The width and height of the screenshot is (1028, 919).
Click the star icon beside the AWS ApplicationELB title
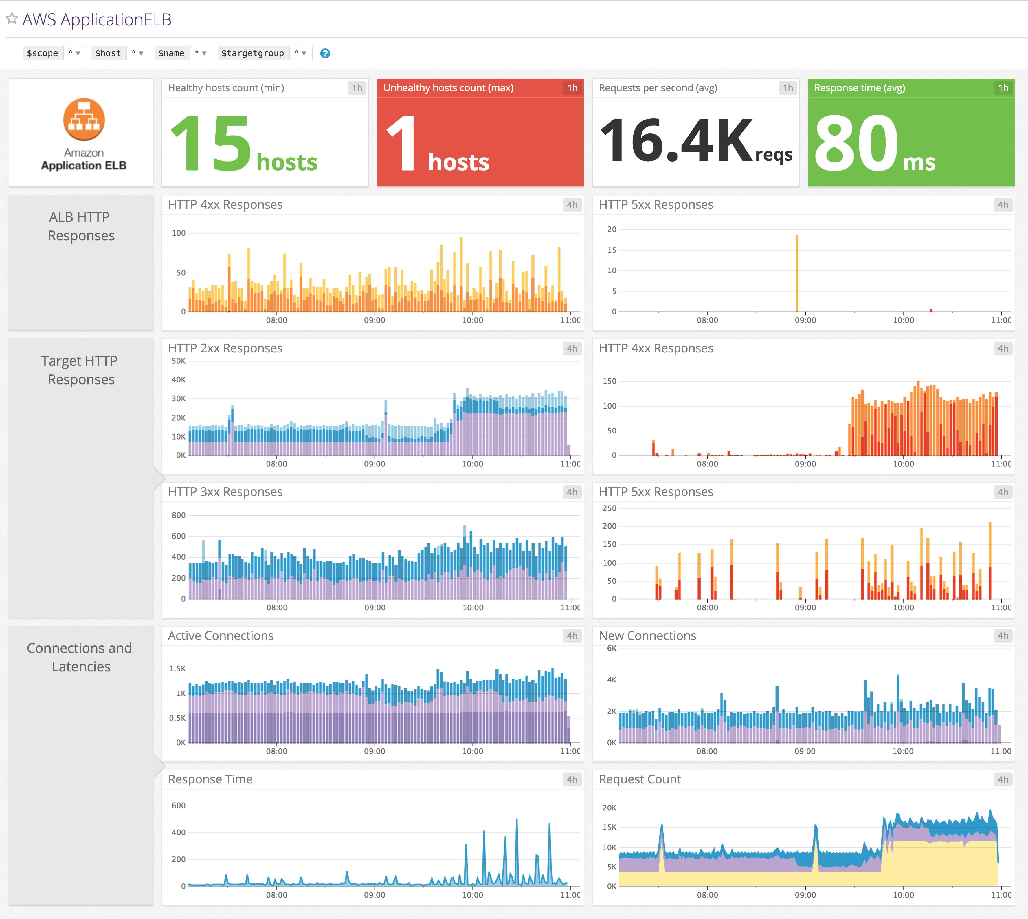[x=12, y=19]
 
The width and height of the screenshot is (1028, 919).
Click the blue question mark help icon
[x=325, y=53]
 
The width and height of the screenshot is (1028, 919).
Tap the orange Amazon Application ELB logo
[x=84, y=119]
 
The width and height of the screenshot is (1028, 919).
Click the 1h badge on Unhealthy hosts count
[x=572, y=88]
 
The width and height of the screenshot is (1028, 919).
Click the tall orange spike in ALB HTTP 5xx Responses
[x=797, y=273]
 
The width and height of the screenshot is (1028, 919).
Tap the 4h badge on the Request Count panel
[x=1002, y=780]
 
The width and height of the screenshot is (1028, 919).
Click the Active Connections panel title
[x=221, y=636]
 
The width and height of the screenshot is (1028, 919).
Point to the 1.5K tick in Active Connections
[x=178, y=669]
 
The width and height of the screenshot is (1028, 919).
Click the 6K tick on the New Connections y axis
[x=611, y=648]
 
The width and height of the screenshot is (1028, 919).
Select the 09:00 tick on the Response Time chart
[x=375, y=895]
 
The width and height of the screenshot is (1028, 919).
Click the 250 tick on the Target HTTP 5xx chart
[x=609, y=508]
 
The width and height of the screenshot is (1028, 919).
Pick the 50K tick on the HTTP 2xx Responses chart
[x=179, y=361]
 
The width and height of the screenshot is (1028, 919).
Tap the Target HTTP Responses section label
[x=80, y=370]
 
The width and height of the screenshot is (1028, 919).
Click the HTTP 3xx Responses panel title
[x=225, y=492]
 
